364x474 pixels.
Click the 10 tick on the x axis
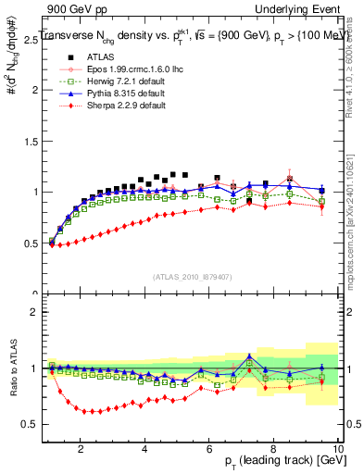pos(338,449)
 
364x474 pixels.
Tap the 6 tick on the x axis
pos(209,449)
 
